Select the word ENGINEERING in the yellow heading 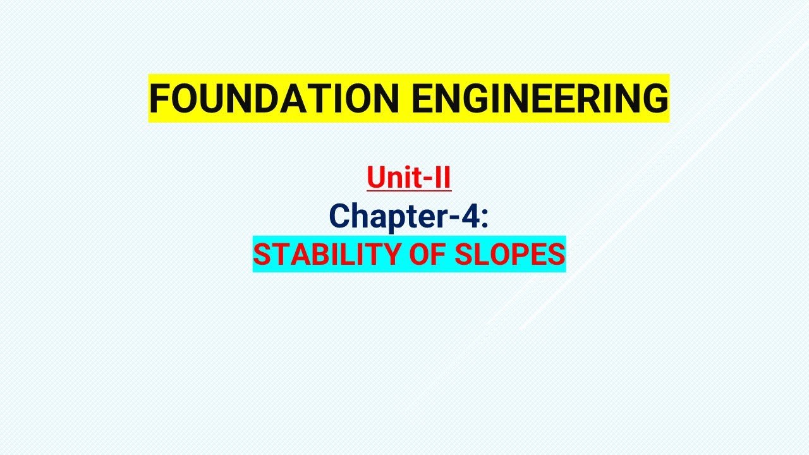tap(540, 99)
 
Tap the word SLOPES tap(510, 254)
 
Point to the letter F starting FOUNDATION tap(160, 99)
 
